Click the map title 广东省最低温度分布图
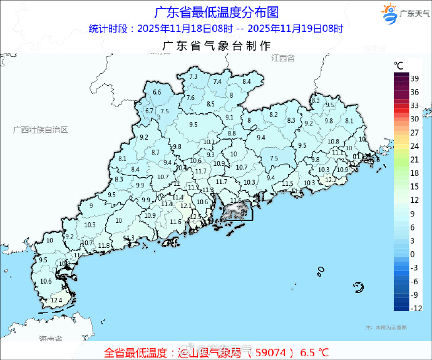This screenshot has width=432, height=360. (215, 12)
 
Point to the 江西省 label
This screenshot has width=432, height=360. (283, 58)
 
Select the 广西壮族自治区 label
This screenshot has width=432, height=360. (40, 130)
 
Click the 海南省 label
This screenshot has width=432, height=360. (50, 339)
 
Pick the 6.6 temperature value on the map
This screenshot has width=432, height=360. (157, 93)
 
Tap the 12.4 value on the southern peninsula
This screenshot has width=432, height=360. (56, 301)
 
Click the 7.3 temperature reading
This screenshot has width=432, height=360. (193, 76)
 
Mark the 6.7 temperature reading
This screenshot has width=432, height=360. (149, 111)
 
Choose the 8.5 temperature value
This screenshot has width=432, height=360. (210, 104)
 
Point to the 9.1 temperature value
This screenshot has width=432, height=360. (229, 118)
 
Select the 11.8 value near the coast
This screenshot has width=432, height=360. (104, 245)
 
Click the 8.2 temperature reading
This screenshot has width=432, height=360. (274, 115)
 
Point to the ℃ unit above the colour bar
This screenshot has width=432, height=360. (398, 65)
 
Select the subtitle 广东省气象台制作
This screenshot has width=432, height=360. (216, 46)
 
